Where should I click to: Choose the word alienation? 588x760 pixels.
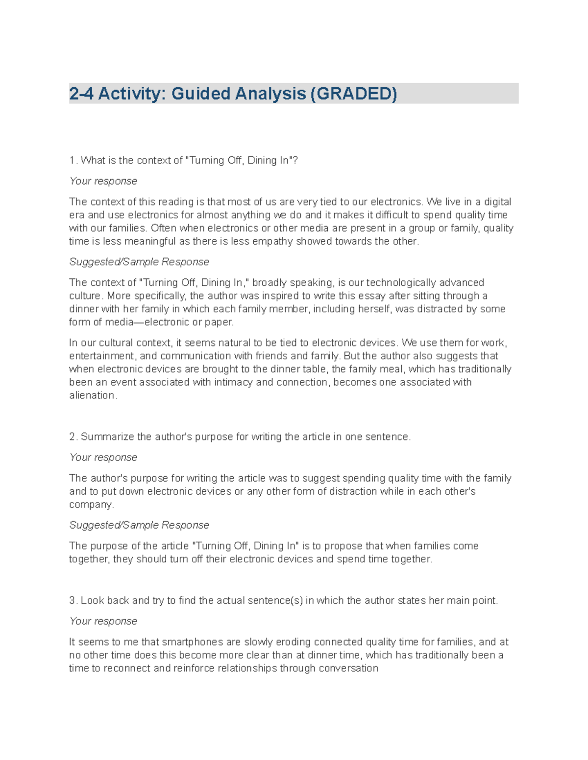click(93, 395)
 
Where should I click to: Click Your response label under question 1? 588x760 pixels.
click(103, 181)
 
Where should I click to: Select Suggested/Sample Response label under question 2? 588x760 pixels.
click(139, 525)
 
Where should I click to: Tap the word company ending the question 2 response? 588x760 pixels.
click(91, 505)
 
